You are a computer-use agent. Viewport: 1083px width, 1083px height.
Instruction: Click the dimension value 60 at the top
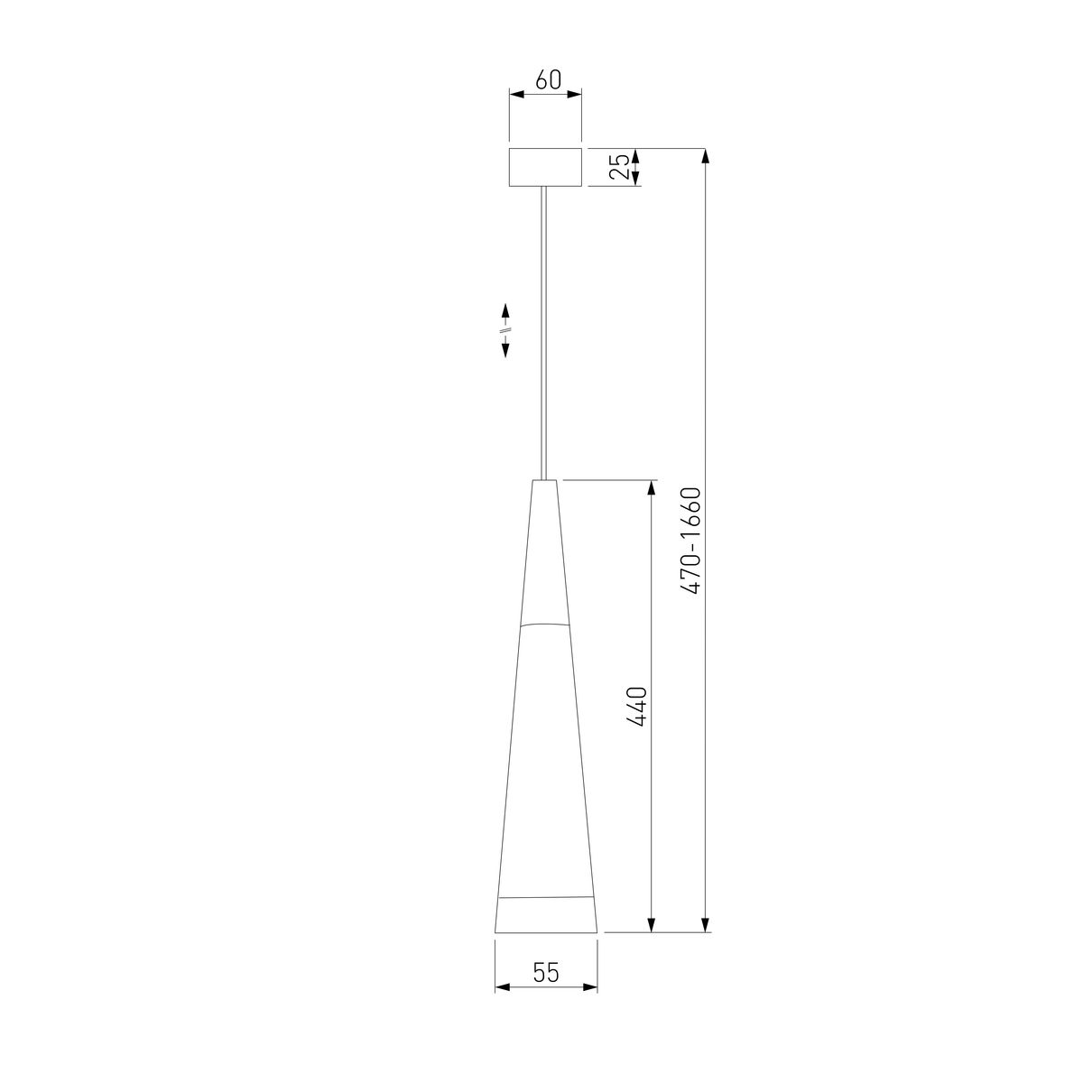548,79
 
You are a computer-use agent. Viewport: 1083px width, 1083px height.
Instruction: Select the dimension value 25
618,167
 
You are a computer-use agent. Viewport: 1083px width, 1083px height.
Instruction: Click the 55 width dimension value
546,973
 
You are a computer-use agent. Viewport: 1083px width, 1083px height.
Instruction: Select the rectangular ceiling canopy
545,167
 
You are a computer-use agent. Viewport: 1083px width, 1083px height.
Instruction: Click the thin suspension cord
544,334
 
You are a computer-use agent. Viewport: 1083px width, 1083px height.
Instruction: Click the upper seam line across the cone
545,624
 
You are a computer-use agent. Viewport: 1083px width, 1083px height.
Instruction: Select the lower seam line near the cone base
546,898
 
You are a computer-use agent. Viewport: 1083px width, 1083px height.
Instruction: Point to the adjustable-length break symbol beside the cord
505,329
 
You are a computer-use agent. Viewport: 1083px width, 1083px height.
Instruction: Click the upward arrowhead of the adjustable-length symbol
505,310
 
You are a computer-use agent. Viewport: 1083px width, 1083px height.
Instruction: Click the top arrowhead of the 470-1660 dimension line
706,154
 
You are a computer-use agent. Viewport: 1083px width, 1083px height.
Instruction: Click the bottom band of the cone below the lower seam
546,915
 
